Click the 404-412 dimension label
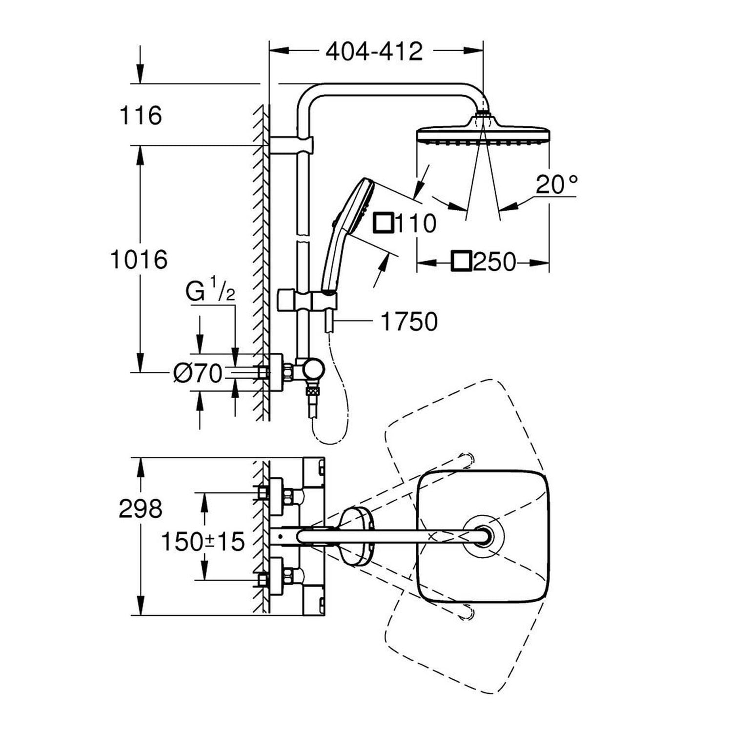click(x=374, y=51)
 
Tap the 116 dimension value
click(x=141, y=116)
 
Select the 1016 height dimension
click(x=139, y=259)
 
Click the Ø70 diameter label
click(x=198, y=374)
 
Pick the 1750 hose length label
click(x=409, y=322)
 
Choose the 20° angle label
click(x=557, y=184)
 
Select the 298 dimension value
click(x=141, y=509)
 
